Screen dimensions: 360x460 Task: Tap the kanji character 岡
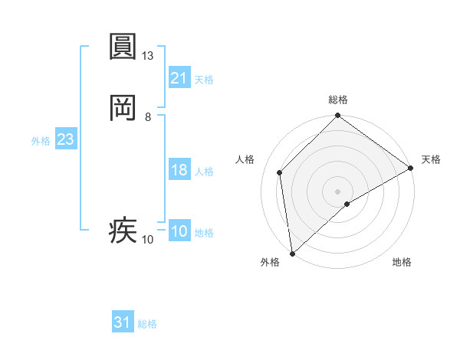pos(123,109)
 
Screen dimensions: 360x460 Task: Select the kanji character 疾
pos(123,231)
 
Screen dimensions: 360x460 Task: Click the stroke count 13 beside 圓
pos(148,56)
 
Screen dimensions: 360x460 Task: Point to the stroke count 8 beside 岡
pos(148,117)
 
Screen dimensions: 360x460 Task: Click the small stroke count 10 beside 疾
pos(148,240)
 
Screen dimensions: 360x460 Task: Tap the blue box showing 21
pos(179,78)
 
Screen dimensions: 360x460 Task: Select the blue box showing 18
pos(179,170)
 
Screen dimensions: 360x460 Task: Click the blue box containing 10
pos(179,231)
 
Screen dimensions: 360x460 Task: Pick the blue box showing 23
pos(65,139)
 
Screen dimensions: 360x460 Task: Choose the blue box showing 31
pos(123,322)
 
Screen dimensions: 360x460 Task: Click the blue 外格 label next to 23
pos(41,141)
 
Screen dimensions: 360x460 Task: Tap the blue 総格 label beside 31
pos(147,324)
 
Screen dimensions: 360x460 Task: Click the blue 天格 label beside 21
pos(204,80)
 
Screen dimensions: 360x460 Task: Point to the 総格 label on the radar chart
pos(338,100)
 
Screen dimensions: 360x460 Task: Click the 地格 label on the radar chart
pos(402,263)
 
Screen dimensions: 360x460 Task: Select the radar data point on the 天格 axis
pos(411,168)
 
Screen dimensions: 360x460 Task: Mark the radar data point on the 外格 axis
pos(292,254)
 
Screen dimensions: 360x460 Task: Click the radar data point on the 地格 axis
pos(347,204)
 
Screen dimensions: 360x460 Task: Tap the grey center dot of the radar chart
pos(338,191)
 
